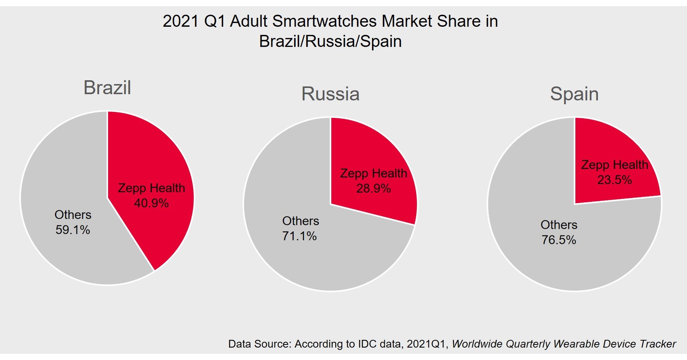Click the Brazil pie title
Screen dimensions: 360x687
[x=107, y=88]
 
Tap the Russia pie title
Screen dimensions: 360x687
[x=330, y=94]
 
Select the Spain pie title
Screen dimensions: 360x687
[x=574, y=94]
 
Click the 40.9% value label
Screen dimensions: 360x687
[x=151, y=203]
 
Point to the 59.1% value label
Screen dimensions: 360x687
[x=73, y=230]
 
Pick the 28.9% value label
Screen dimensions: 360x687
[x=373, y=189]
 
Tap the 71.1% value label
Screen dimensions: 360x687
[x=299, y=236]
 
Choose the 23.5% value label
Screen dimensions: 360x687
[x=614, y=180]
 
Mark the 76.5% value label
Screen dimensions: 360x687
[x=559, y=240]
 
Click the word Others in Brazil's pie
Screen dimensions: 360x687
[x=73, y=215]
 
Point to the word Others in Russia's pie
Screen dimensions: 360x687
[x=300, y=221]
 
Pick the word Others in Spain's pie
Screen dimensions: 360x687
[x=559, y=225]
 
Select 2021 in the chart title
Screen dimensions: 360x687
[x=180, y=21]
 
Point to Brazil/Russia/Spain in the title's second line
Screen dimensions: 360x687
[x=330, y=42]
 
